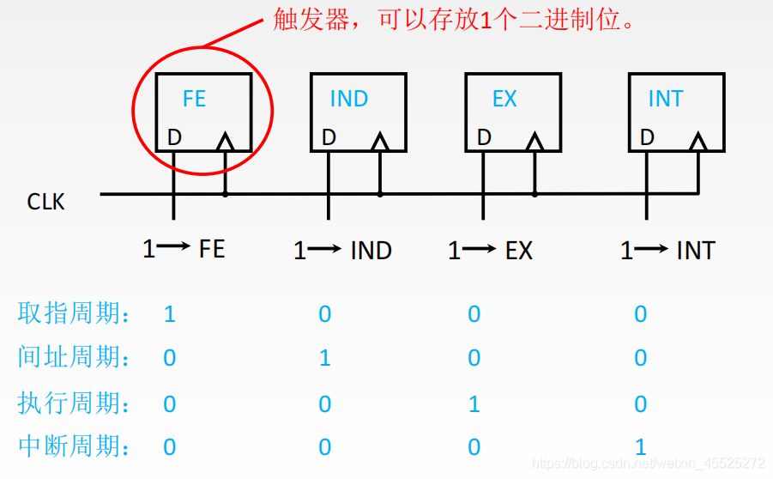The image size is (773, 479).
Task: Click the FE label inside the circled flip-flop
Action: click(195, 99)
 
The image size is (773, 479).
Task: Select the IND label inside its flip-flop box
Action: click(348, 99)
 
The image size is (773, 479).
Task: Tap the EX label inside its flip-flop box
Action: click(504, 99)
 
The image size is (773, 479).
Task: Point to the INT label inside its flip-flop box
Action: click(665, 99)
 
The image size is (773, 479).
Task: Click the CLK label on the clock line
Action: click(46, 203)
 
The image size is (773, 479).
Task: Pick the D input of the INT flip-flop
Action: click(647, 137)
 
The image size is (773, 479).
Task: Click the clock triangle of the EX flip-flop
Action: click(534, 141)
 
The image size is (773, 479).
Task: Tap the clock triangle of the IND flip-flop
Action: click(380, 141)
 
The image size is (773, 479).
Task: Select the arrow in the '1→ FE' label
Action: click(175, 249)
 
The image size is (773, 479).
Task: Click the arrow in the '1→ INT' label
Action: click(653, 250)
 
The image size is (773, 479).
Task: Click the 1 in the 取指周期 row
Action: click(170, 314)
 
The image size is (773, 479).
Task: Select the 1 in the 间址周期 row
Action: click(325, 357)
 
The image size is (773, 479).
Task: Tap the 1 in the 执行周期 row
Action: click(474, 403)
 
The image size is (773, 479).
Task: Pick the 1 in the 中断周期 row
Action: click(640, 447)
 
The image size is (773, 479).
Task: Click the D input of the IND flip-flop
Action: click(329, 137)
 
